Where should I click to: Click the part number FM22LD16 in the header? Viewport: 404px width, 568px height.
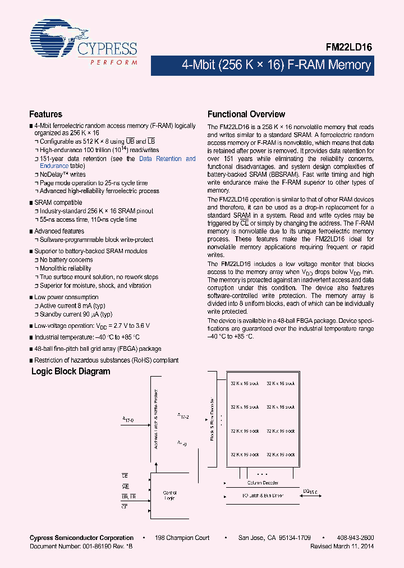[350, 48]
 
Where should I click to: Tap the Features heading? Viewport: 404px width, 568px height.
[45, 114]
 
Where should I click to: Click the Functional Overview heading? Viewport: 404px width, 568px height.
[246, 114]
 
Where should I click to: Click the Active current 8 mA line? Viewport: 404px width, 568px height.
[72, 306]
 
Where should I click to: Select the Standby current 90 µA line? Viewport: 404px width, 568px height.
[76, 314]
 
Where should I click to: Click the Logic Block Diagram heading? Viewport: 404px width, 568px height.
[71, 372]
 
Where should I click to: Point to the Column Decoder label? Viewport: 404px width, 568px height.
[263, 483]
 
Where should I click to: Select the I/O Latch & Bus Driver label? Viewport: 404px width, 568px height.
[263, 496]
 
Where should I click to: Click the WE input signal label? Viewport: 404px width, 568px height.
[125, 487]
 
